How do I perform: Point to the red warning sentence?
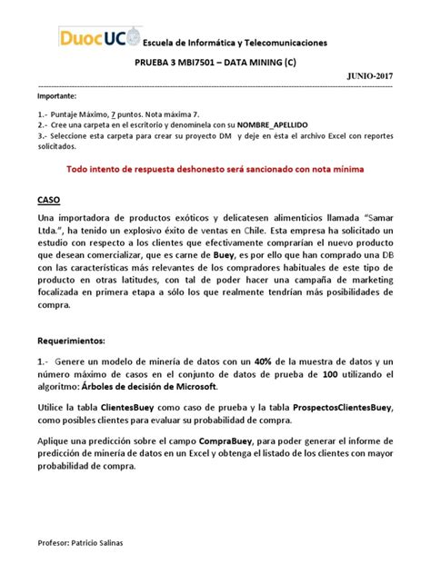215,169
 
